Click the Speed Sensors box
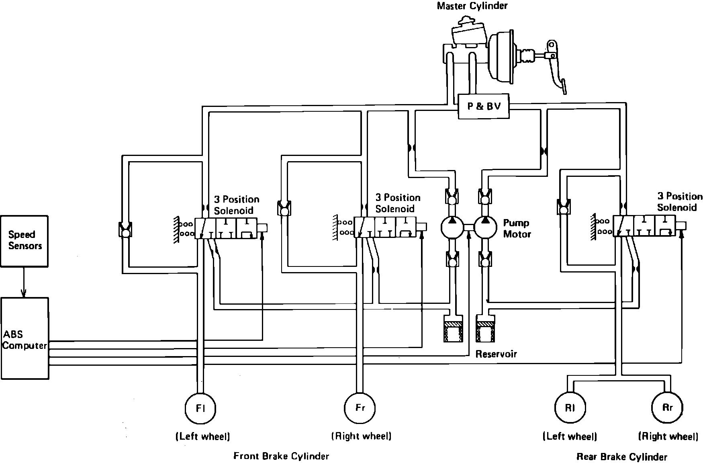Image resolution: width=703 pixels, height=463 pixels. (24, 240)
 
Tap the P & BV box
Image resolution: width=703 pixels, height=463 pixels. (484, 107)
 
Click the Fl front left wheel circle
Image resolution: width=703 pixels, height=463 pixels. (200, 408)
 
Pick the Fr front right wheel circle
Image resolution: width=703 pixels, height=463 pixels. (360, 408)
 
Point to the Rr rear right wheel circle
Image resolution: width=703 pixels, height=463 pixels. (667, 408)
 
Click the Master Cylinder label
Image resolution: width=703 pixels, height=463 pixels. (472, 6)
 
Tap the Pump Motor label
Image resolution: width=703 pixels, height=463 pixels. (517, 228)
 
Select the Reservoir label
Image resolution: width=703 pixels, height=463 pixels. (496, 354)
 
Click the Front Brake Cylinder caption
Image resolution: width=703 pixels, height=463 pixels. (281, 456)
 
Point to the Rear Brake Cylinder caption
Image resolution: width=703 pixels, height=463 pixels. (621, 457)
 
